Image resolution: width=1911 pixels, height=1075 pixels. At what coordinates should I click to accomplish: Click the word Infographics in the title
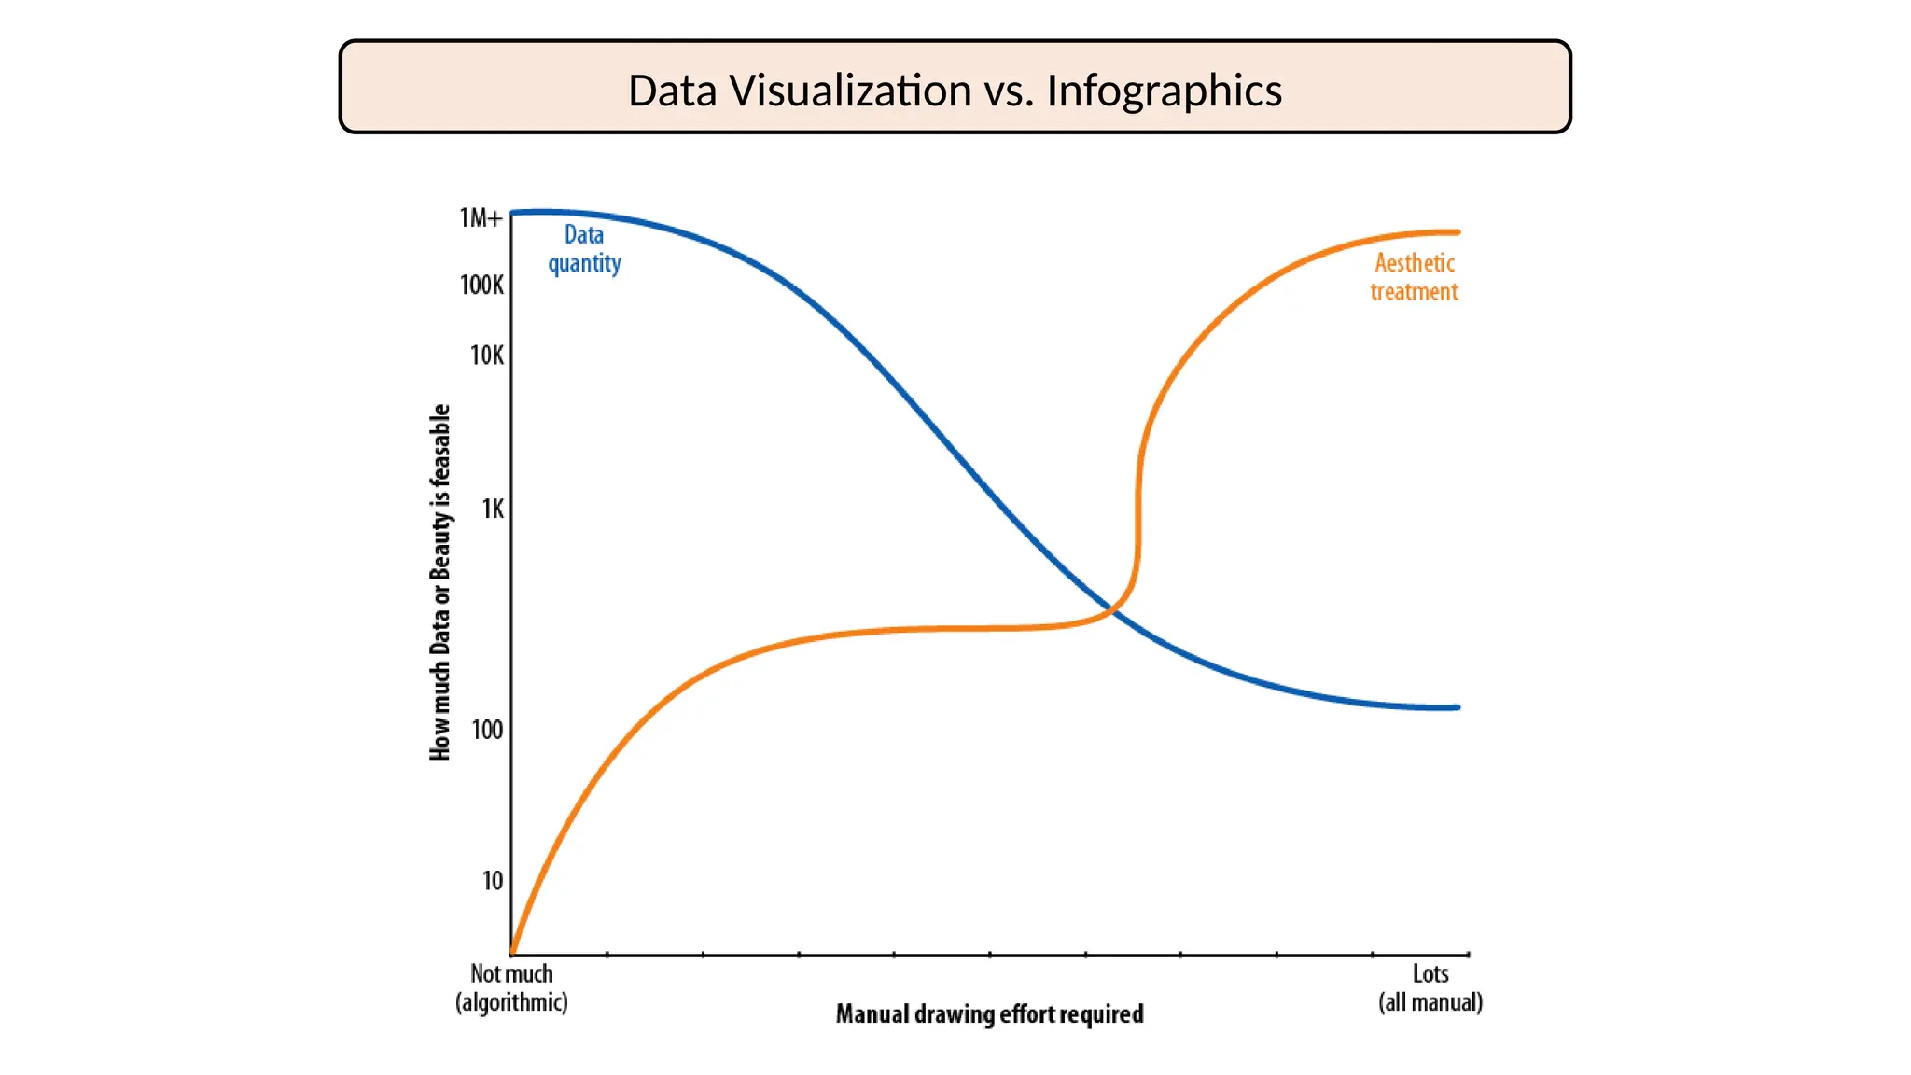(x=1164, y=91)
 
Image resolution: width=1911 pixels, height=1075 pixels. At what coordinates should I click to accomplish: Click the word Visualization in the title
(x=850, y=91)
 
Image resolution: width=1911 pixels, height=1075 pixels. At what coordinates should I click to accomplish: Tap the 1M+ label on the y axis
(x=481, y=218)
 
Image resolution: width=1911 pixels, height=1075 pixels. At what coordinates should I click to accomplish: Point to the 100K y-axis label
(x=481, y=285)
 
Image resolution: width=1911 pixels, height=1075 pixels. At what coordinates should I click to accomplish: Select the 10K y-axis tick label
(x=486, y=356)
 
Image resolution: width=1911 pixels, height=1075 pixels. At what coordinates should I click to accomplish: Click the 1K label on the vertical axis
(x=492, y=509)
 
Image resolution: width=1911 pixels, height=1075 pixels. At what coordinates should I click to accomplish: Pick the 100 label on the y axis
(x=487, y=730)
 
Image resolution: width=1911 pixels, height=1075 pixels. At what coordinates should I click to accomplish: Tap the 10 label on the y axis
(x=492, y=881)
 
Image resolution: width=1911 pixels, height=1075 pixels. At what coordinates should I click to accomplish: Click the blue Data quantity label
(x=584, y=249)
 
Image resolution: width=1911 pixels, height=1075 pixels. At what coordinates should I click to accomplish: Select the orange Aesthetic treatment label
(x=1414, y=277)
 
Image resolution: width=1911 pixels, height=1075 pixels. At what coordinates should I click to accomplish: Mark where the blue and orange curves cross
(x=1112, y=610)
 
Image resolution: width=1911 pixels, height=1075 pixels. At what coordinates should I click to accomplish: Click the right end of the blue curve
(x=1457, y=707)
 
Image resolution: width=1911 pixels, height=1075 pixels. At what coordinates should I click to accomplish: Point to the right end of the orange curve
(x=1457, y=232)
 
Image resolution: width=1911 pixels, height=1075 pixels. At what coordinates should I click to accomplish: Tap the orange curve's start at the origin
(x=513, y=952)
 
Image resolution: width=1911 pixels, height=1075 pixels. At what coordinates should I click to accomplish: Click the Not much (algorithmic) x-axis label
(x=511, y=987)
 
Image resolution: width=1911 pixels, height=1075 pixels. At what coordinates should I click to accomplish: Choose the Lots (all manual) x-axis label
(x=1430, y=987)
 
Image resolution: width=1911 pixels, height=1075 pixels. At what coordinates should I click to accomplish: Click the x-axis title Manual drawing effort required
(x=989, y=1014)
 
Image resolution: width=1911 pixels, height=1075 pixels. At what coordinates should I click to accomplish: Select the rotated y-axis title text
(x=440, y=582)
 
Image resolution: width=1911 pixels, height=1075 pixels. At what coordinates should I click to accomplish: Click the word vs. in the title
(x=1009, y=91)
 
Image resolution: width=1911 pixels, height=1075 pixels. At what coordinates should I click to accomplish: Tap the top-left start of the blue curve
(x=514, y=214)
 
